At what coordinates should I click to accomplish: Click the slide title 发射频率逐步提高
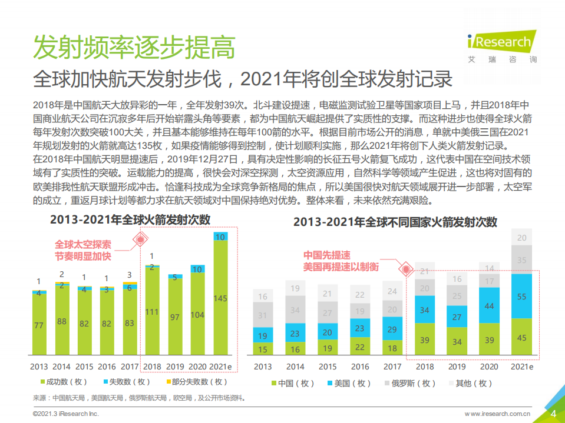tap(134, 46)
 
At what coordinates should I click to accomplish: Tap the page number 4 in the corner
tap(553, 413)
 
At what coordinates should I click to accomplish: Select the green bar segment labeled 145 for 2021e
tap(220, 298)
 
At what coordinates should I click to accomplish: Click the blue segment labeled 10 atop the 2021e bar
tap(220, 237)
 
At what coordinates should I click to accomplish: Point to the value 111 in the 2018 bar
tap(152, 311)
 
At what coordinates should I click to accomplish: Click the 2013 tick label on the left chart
tap(39, 367)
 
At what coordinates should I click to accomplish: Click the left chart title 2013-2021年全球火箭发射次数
tap(130, 219)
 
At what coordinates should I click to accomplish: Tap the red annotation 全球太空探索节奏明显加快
tap(83, 250)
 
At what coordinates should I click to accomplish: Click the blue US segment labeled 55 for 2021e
tap(521, 297)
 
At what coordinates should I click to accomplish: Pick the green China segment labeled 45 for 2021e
tap(521, 337)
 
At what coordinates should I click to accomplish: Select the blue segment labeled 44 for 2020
tap(489, 306)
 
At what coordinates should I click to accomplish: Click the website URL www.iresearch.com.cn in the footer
tap(497, 414)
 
